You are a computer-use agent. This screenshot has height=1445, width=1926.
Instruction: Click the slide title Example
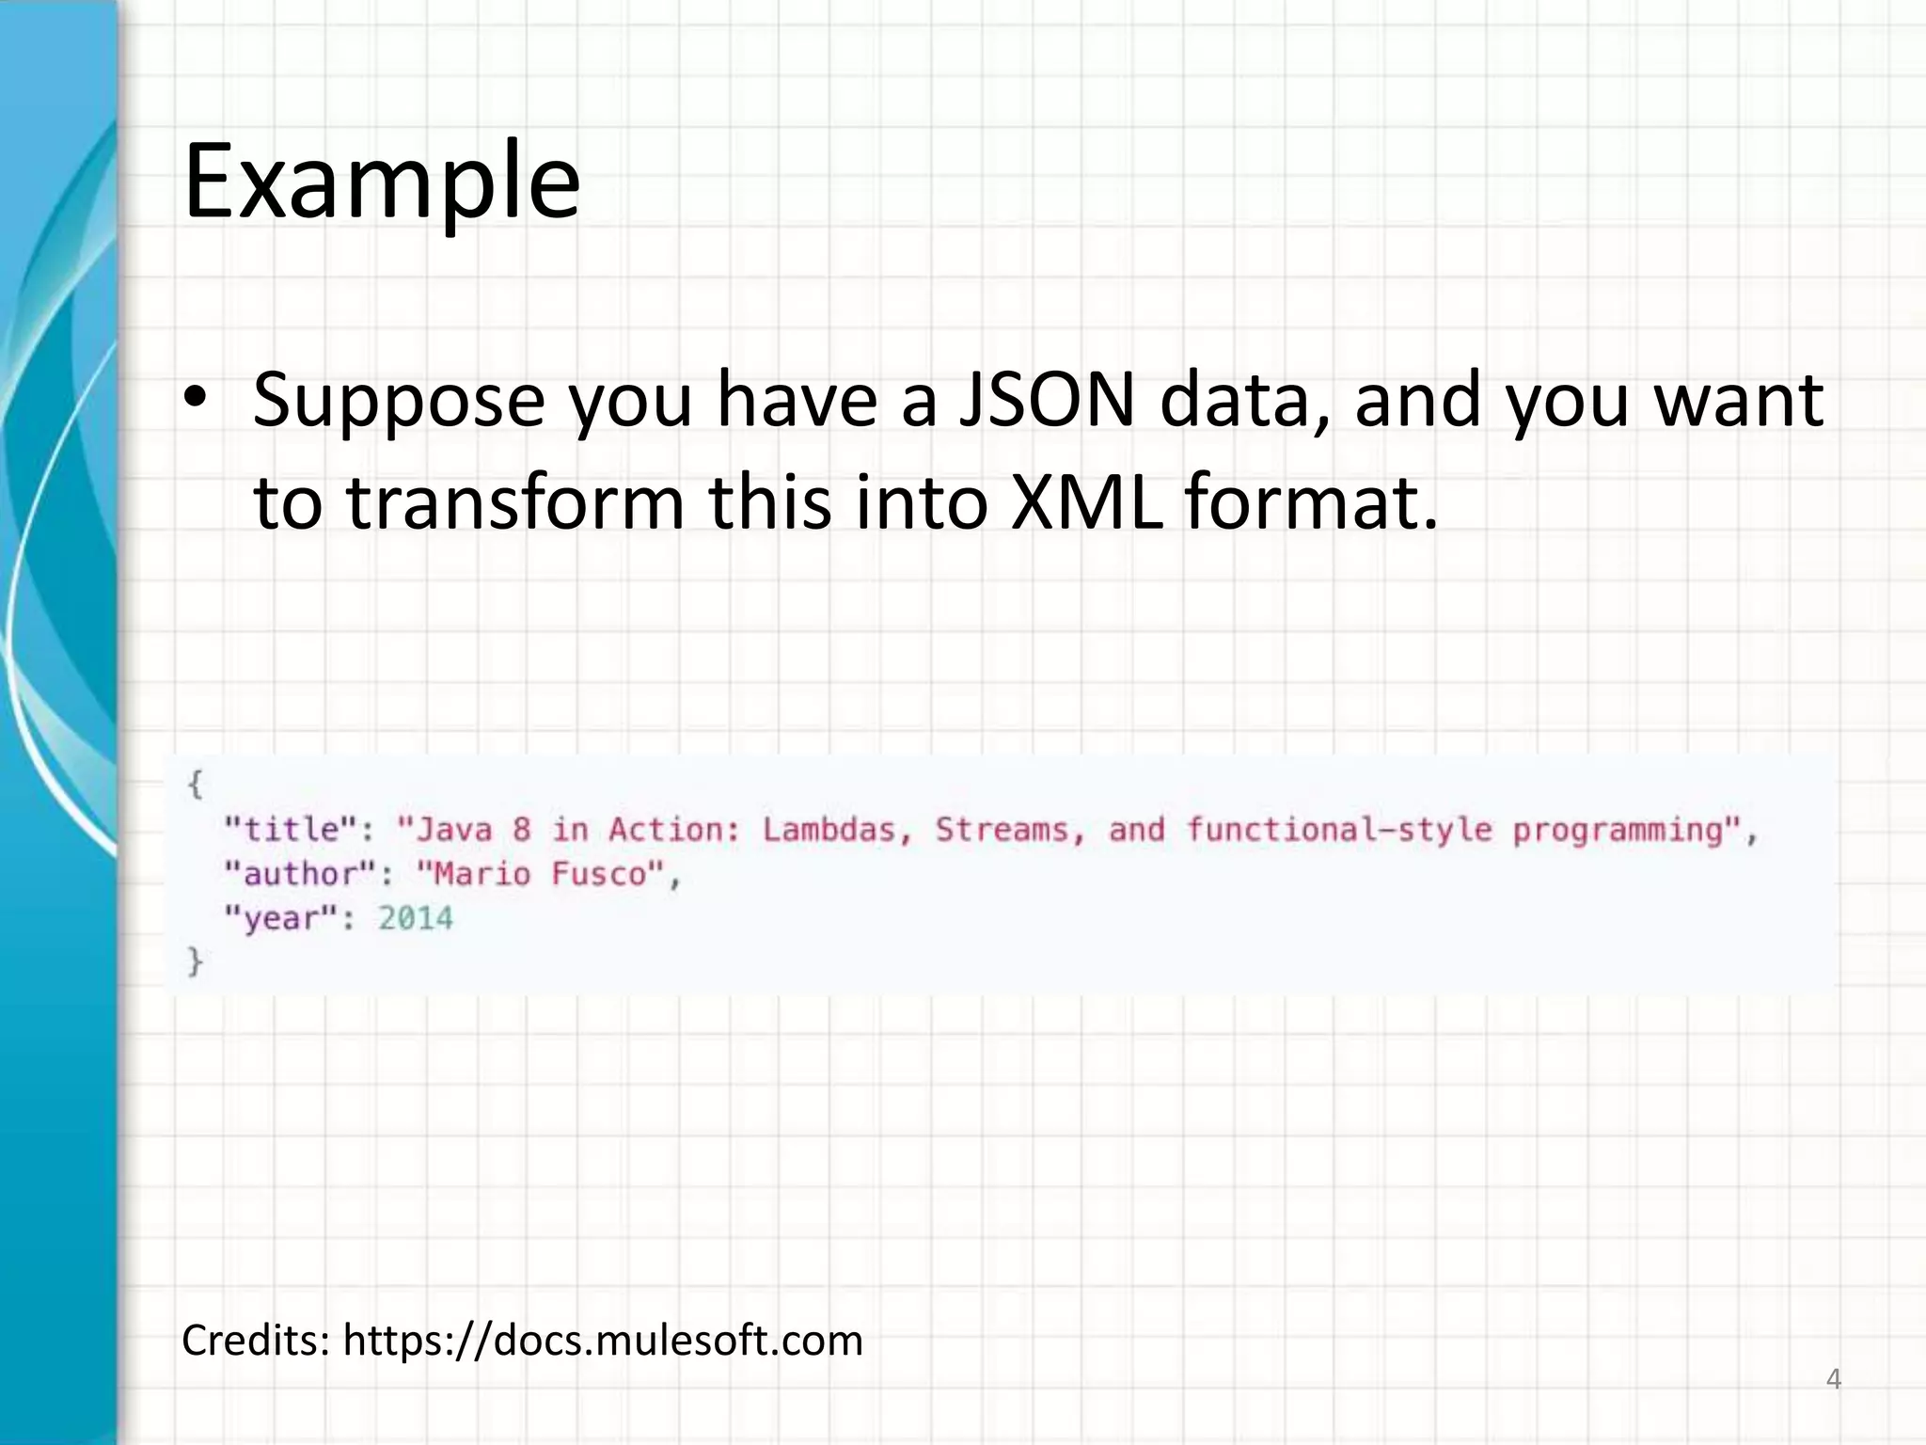(381, 181)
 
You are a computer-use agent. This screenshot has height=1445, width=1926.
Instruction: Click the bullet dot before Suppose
(195, 401)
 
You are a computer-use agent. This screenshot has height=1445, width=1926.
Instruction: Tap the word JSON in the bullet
(1047, 401)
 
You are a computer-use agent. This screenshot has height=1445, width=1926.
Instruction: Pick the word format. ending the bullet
(1311, 502)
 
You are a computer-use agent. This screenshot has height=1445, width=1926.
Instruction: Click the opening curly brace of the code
(195, 784)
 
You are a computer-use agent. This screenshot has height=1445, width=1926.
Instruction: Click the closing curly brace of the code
(195, 961)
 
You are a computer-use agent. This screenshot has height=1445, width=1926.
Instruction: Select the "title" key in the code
(291, 830)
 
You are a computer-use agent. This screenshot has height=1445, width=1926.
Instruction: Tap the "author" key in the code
(301, 874)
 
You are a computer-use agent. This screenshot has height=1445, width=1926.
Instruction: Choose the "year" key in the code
(280, 918)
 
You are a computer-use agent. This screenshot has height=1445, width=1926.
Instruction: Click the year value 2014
(416, 918)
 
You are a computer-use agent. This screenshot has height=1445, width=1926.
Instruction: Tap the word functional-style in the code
(1338, 830)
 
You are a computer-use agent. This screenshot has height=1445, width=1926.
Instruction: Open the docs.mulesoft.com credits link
(602, 1341)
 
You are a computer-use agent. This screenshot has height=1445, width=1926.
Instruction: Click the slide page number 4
(1833, 1380)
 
